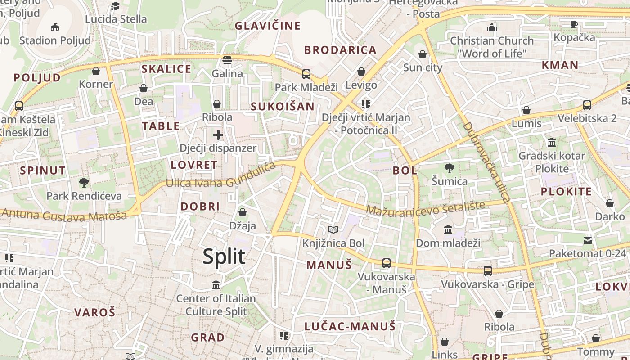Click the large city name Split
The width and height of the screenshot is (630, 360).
click(x=224, y=256)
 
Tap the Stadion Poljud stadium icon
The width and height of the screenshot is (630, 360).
click(x=55, y=27)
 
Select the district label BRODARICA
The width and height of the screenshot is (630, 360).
click(x=340, y=50)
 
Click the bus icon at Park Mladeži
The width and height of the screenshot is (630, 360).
click(x=306, y=74)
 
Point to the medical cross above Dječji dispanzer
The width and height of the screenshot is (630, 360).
click(x=218, y=135)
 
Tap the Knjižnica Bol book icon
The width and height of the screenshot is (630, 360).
click(x=333, y=230)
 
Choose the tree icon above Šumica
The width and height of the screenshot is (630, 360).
click(x=449, y=168)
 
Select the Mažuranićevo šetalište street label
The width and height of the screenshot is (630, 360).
click(x=425, y=207)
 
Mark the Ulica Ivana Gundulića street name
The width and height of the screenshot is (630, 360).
click(x=220, y=178)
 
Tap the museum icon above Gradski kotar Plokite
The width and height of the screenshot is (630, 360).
click(x=552, y=143)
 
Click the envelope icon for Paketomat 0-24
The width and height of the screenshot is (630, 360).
click(x=588, y=240)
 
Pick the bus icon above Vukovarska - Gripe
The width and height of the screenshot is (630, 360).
click(x=488, y=270)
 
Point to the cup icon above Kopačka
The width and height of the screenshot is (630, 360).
click(x=574, y=24)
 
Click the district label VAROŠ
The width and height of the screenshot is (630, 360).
click(x=95, y=312)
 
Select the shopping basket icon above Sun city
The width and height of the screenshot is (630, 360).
click(x=423, y=54)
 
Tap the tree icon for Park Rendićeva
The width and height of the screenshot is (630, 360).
click(x=84, y=182)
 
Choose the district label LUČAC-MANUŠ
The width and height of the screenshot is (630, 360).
click(x=350, y=326)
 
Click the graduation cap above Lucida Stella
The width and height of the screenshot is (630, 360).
click(x=116, y=6)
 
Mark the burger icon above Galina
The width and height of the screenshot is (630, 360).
click(x=227, y=60)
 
